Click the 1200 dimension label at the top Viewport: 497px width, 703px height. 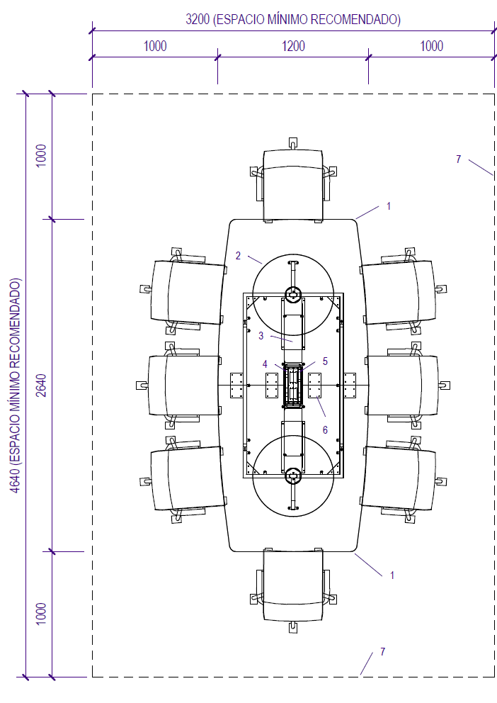pyautogui.click(x=293, y=46)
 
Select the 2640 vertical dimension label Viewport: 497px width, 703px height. pyautogui.click(x=41, y=385)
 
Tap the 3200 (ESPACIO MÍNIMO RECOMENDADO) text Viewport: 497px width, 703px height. pyautogui.click(x=293, y=20)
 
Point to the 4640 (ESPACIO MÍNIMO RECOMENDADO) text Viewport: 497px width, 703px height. pyautogui.click(x=16, y=386)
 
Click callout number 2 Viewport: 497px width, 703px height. pyautogui.click(x=238, y=256)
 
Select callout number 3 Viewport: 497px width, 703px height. pyautogui.click(x=261, y=335)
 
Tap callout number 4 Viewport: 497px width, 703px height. pyautogui.click(x=265, y=364)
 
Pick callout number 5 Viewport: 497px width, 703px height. pyautogui.click(x=325, y=361)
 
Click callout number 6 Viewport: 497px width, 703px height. pyautogui.click(x=325, y=430)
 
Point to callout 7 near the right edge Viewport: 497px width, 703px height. pyautogui.click(x=459, y=159)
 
